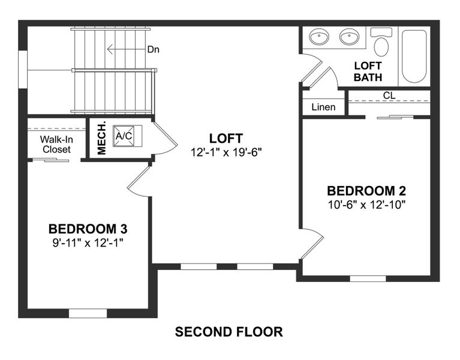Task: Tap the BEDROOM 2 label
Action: tap(366, 191)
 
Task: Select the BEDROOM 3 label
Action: tap(88, 229)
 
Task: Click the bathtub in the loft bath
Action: tap(414, 55)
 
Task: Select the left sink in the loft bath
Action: tap(318, 38)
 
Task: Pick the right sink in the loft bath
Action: tap(349, 38)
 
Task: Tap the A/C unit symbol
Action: tap(124, 136)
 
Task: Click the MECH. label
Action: tap(101, 138)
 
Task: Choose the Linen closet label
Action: tap(323, 107)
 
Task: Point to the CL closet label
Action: tap(389, 95)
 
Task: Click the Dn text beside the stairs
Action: tap(154, 49)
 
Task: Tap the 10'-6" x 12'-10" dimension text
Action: tap(366, 205)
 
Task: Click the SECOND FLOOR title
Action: tap(229, 331)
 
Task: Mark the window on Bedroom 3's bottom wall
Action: tap(88, 313)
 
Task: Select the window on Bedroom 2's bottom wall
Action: tap(368, 278)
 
